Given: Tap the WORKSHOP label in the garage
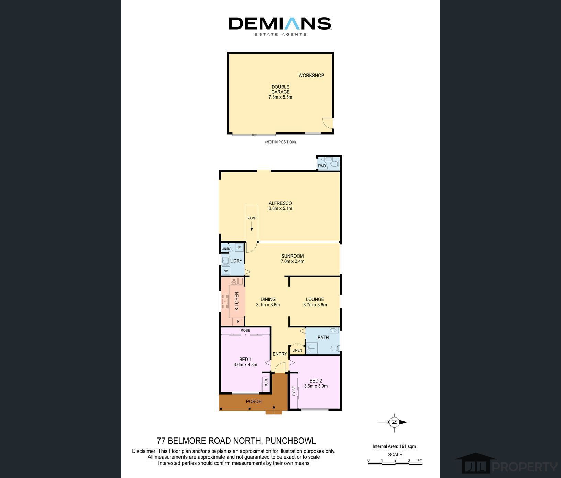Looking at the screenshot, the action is click(311, 76).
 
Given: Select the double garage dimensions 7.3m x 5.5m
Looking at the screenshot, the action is click(280, 97).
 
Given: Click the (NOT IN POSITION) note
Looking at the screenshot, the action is click(280, 142).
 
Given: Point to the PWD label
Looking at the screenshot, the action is click(322, 166).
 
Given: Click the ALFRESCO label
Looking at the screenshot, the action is click(280, 203).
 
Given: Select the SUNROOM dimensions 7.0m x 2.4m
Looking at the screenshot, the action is click(293, 261).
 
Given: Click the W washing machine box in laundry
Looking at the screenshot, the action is click(226, 271).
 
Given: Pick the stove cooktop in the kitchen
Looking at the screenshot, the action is click(234, 282).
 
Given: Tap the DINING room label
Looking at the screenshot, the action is click(268, 299).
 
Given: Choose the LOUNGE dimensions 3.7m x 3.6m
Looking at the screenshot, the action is click(315, 305).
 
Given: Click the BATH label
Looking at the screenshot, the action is click(323, 338).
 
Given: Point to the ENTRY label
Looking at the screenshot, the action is click(280, 354).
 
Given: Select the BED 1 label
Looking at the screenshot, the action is click(245, 360).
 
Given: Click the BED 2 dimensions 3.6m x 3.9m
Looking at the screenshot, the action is click(316, 386).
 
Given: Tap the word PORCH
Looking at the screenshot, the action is click(254, 401).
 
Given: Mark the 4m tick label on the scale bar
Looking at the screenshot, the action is click(420, 460).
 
